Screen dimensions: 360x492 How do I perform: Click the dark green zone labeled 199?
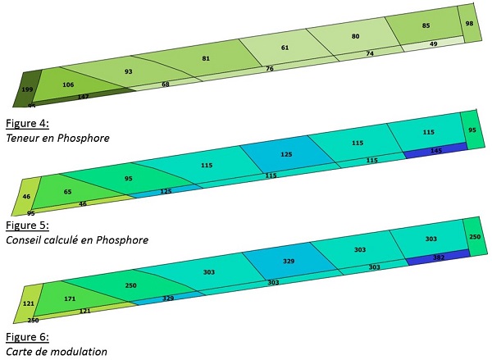(28, 88)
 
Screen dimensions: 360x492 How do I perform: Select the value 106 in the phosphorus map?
(68, 84)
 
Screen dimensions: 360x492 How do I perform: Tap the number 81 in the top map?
(206, 58)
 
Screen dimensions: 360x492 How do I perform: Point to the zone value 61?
(285, 48)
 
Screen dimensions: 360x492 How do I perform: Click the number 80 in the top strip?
(355, 37)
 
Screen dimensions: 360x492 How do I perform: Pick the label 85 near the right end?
(426, 25)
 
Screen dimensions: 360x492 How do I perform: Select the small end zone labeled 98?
(469, 24)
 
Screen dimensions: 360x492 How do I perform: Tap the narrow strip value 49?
(433, 43)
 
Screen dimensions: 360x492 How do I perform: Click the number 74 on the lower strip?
(370, 53)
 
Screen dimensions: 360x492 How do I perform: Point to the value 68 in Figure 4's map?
(166, 84)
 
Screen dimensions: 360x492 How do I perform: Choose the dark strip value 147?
(83, 97)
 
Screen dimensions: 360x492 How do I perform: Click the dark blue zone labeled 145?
(435, 150)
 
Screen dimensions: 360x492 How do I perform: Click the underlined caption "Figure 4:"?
(27, 124)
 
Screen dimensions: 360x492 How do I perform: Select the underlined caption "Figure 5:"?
(27, 225)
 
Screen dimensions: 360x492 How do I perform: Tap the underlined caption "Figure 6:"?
(27, 336)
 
